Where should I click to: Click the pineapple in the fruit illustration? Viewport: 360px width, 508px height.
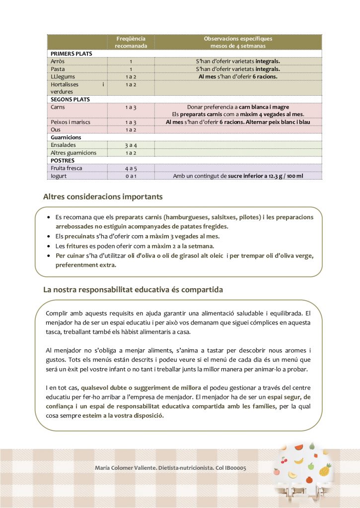click(x=325, y=469)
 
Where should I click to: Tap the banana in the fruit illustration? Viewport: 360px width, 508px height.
click(x=298, y=461)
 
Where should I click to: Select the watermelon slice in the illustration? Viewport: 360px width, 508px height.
click(x=298, y=447)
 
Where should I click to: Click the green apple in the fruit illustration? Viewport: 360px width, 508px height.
click(x=311, y=466)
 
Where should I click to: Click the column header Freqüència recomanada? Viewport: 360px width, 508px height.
click(x=130, y=42)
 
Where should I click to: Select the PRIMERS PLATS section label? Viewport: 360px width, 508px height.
click(x=72, y=54)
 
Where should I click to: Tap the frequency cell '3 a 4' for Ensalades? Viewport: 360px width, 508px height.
click(x=131, y=145)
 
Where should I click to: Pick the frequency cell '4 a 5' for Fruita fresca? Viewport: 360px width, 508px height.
click(x=131, y=169)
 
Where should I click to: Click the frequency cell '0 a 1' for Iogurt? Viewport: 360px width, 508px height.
click(x=131, y=176)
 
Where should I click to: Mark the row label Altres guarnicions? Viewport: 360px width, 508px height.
click(x=73, y=153)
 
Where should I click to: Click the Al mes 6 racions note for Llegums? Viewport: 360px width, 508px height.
click(x=238, y=77)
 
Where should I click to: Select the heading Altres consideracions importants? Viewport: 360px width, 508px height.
click(x=103, y=197)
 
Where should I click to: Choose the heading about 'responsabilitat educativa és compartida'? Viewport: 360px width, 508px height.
click(x=133, y=289)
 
